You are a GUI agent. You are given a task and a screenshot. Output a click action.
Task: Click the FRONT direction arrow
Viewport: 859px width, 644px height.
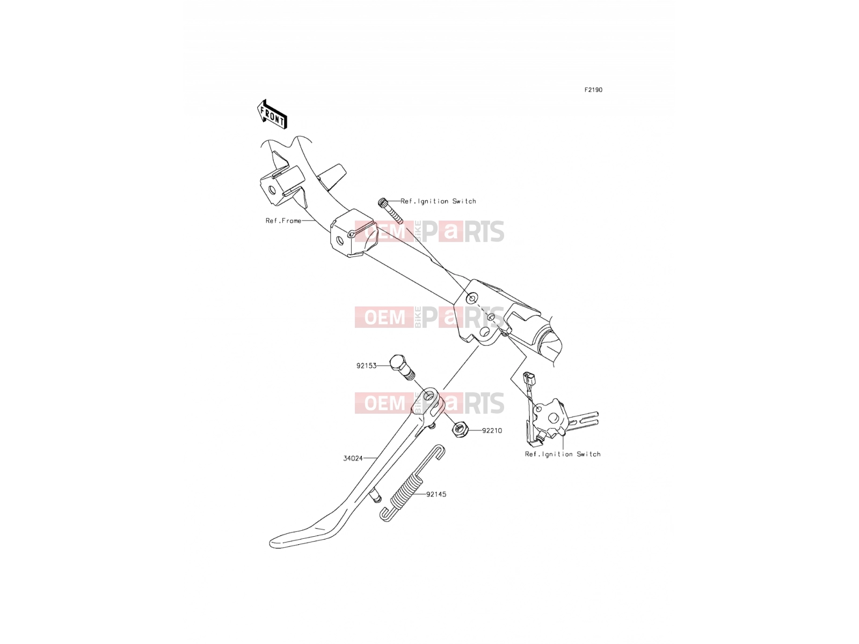272,114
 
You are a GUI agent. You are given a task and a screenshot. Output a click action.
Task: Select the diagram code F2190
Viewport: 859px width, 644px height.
593,90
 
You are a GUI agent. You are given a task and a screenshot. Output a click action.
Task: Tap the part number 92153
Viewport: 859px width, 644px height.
366,366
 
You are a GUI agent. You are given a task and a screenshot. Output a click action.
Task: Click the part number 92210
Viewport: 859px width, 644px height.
492,430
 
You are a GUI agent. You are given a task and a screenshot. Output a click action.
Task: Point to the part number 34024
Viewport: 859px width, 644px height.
353,458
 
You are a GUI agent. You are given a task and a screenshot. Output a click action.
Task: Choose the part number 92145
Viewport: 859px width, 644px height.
436,494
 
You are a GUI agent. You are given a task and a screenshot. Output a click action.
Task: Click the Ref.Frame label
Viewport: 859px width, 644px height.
283,221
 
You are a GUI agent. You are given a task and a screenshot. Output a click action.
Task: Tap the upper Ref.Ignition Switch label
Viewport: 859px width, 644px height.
438,201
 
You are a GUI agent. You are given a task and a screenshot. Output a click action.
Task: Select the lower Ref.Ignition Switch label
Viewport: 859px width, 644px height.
562,454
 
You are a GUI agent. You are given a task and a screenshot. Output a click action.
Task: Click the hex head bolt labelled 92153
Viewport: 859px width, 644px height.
402,368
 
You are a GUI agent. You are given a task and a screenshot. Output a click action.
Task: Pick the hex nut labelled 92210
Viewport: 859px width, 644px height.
460,429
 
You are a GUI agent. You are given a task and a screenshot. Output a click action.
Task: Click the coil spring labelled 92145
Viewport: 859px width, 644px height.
412,484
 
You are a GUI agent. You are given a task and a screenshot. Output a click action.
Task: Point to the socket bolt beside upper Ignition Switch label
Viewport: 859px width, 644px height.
390,211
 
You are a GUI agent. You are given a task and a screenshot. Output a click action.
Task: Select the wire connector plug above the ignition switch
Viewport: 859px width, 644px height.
529,378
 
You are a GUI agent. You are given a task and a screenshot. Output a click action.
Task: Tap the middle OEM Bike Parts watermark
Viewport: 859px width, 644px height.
429,317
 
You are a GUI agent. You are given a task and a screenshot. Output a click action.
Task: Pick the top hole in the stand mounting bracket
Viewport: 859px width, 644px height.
472,299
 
